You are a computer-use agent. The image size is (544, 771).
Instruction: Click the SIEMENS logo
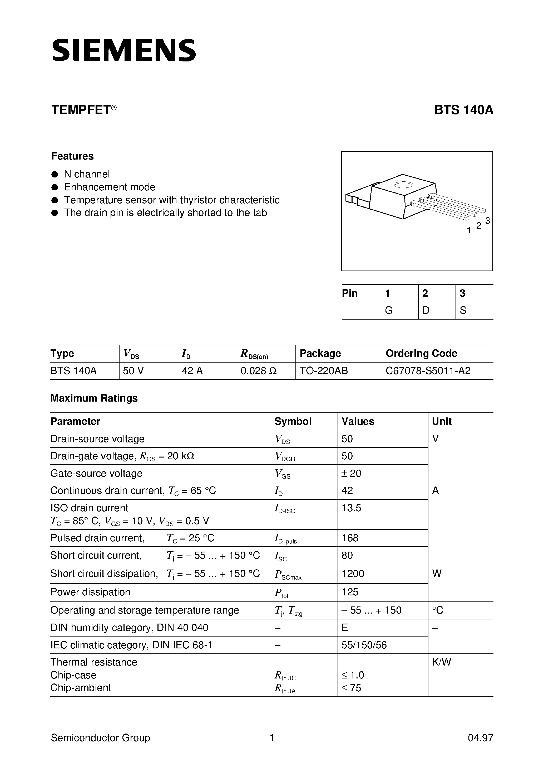[124, 50]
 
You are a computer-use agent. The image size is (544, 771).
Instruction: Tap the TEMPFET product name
[81, 110]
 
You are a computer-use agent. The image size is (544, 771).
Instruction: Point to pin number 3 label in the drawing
[487, 221]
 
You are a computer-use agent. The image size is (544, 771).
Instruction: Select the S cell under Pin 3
[463, 311]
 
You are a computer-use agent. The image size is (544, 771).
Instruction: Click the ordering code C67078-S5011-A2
[428, 371]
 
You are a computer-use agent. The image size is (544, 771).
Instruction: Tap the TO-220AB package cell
[323, 371]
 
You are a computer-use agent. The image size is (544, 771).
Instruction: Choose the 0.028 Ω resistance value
[258, 371]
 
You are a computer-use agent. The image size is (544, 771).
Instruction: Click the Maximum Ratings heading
[94, 398]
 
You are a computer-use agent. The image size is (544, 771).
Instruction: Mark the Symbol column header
[293, 421]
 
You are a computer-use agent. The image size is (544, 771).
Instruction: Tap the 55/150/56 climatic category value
[364, 645]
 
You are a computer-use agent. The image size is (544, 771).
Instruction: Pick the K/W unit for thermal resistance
[441, 662]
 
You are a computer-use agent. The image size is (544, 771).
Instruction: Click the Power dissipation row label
[90, 592]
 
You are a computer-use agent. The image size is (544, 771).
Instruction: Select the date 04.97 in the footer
[480, 738]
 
